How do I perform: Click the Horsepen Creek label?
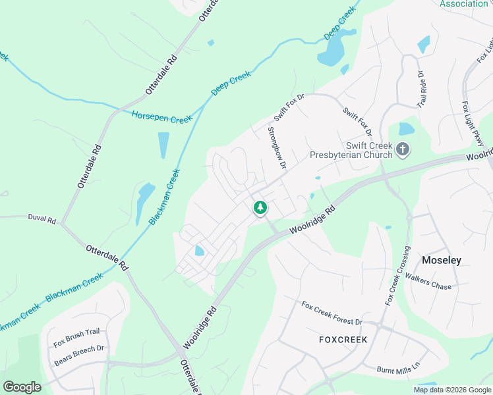coord(161,117)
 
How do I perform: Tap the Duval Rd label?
coord(42,217)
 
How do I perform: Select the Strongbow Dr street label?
coord(276,148)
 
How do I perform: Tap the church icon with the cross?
coord(403,151)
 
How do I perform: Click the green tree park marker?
coord(260,208)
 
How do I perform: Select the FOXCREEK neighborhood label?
coord(343,340)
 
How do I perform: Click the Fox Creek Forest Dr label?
coord(332,313)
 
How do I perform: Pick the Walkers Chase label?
coord(428,281)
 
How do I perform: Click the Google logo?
coord(22,387)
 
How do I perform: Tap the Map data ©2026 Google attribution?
coord(451,390)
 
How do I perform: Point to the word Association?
coord(463,4)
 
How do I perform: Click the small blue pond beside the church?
coord(407,128)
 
